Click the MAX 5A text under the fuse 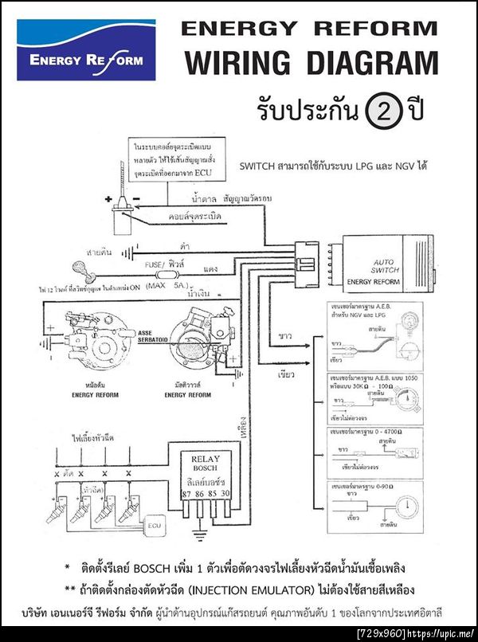pos(165,284)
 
